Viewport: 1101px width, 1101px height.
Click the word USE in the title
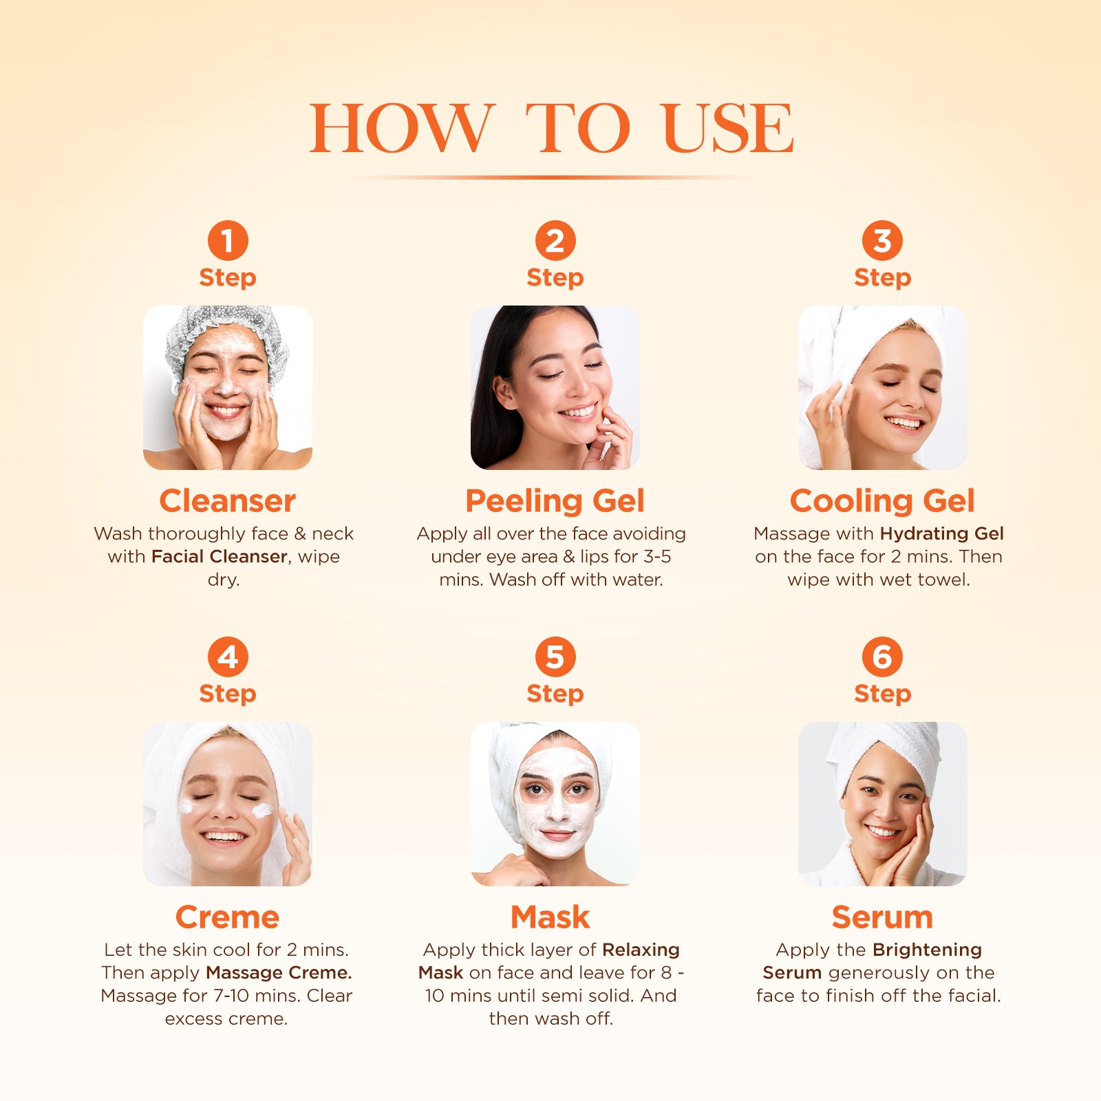coord(728,129)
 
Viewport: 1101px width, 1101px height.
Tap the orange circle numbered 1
coord(228,240)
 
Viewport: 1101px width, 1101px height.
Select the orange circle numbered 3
coord(882,240)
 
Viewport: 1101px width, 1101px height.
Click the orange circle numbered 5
coord(555,656)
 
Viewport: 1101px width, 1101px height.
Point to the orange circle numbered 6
coord(882,656)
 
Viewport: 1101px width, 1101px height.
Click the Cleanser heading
coord(228,501)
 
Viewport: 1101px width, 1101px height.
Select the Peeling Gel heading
coord(555,501)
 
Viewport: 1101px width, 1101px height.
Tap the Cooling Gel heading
coord(882,501)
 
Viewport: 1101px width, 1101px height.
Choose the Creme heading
coord(228,917)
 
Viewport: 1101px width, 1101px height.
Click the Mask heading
coord(550,917)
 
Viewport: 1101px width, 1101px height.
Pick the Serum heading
coord(882,917)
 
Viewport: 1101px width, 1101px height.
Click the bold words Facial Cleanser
coord(219,556)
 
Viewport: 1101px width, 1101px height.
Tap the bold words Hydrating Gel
coord(941,533)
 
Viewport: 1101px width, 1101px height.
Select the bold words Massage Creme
coord(279,972)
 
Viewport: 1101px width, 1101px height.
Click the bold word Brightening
coord(927,950)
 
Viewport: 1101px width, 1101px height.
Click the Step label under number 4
coord(228,694)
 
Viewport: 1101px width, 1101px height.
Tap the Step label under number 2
coord(555,277)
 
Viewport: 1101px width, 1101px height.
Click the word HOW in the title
coord(401,129)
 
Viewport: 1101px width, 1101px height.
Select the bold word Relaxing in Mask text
coord(641,950)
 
